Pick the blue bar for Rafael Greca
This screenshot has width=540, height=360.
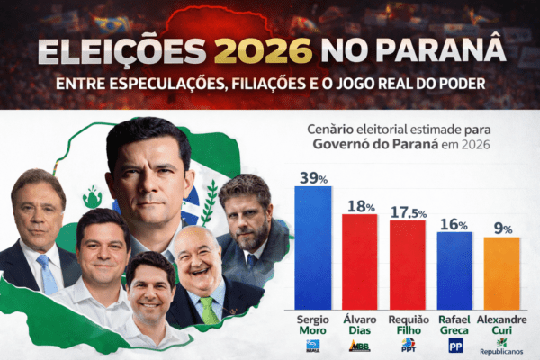tap(455, 271)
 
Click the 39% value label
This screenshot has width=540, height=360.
tap(313, 177)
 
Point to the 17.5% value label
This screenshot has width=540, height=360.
tap(408, 212)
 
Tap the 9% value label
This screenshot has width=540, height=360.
tap(502, 229)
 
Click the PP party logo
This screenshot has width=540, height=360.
tap(455, 346)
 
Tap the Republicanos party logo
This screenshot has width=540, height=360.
tap(501, 347)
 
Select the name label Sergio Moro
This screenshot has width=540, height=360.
tap(313, 325)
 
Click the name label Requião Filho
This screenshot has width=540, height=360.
tap(408, 325)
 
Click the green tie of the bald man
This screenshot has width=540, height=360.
tap(209, 310)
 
